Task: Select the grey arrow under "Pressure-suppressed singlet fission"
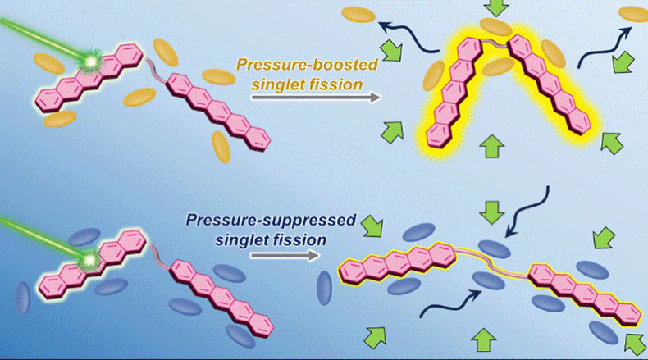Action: coord(284,255)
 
